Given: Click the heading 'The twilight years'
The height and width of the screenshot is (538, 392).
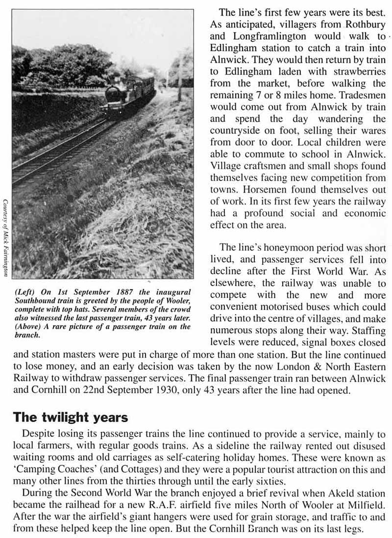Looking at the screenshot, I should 70,417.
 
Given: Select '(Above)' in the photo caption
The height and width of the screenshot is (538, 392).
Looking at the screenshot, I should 27,327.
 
